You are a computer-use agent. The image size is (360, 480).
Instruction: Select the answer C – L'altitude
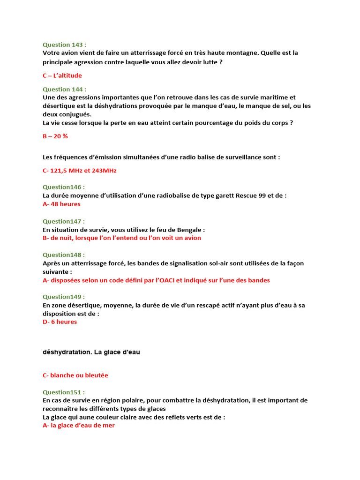pos(62,75)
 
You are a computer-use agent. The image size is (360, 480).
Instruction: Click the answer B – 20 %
pos(55,136)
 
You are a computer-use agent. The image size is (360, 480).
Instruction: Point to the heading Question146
pos(64,187)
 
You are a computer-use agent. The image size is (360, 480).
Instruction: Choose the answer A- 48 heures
pos(61,204)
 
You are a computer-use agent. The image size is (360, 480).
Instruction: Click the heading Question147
pos(64,221)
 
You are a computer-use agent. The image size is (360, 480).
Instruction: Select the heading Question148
pos(64,255)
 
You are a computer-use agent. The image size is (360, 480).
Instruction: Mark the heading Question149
pos(64,297)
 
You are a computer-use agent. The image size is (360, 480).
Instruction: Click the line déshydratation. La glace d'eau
pos(91,352)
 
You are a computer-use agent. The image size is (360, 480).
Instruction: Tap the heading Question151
pos(64,392)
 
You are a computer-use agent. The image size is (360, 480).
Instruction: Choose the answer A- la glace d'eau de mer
pos(79,426)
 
